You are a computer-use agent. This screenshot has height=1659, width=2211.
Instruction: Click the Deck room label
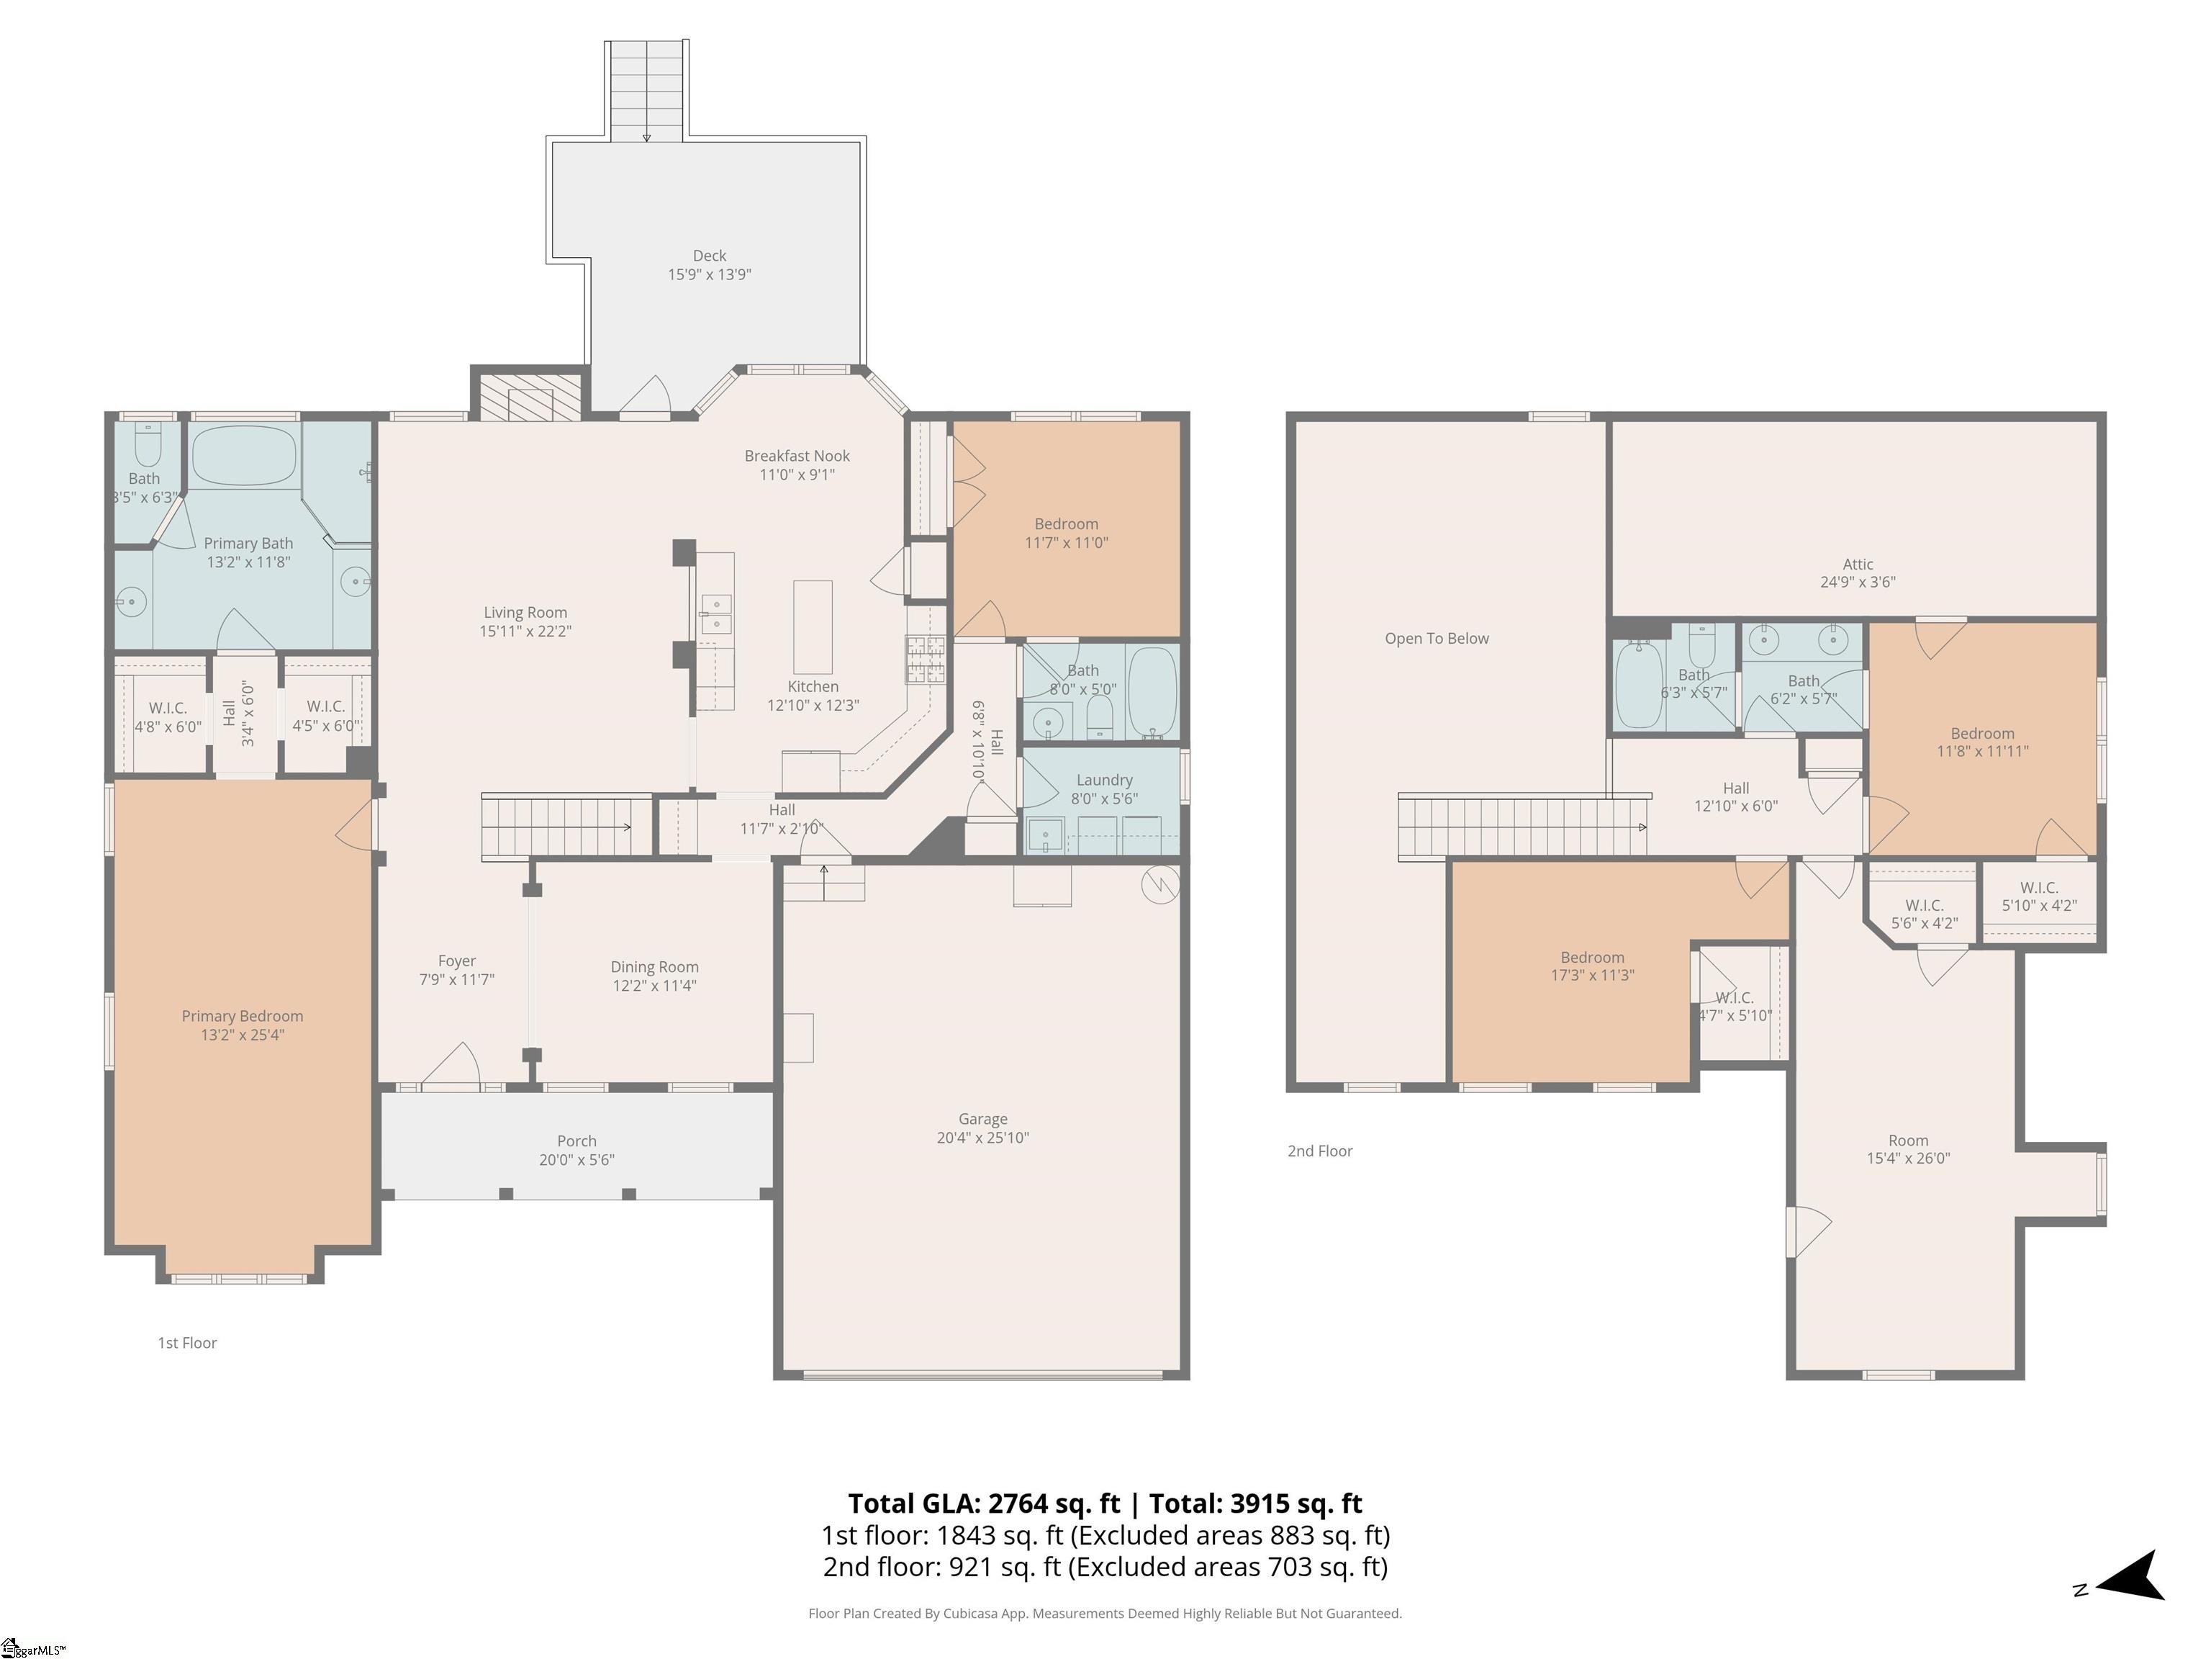(x=710, y=256)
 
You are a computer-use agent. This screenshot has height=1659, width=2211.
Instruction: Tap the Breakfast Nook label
(x=797, y=456)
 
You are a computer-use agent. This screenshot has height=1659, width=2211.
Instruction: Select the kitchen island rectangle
(x=813, y=627)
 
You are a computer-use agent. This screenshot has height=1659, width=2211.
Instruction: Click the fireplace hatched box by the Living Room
(x=530, y=396)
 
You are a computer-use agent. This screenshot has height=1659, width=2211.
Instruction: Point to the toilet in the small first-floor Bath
(x=148, y=447)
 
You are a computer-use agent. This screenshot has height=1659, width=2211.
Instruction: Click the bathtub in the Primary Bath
(x=244, y=456)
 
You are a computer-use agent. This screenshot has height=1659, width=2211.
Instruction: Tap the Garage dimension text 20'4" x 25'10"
(x=982, y=1137)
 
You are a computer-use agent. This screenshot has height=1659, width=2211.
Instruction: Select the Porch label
(x=577, y=1141)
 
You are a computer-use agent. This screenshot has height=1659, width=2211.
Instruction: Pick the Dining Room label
(x=655, y=967)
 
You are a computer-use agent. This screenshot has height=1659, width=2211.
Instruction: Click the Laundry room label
(x=1105, y=780)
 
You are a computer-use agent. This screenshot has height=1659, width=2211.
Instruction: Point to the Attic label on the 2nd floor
(x=1858, y=564)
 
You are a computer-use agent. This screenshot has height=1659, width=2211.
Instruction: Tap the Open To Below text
(x=1437, y=638)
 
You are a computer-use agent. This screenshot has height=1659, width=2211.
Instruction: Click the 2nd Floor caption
(x=1319, y=1151)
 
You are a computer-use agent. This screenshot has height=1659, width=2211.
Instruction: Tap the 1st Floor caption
(x=187, y=1343)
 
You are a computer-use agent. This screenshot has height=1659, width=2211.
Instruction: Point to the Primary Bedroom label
(x=242, y=1016)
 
